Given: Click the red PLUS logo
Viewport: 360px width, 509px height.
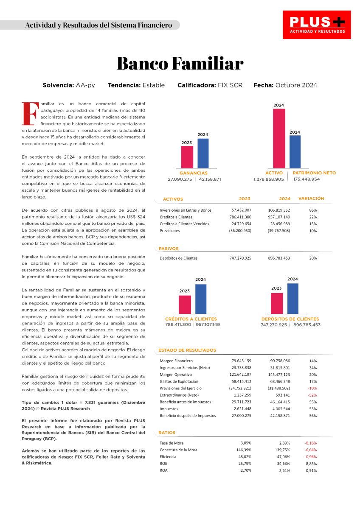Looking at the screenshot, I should tap(317, 25).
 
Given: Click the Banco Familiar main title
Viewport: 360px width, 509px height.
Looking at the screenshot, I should tap(180, 64).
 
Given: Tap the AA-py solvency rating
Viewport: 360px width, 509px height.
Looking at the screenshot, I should tap(85, 85).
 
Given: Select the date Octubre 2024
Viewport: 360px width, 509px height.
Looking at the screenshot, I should tap(296, 85).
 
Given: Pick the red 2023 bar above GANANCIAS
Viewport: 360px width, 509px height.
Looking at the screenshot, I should tap(187, 157).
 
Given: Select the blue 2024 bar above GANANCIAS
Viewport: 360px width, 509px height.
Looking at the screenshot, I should tap(203, 153).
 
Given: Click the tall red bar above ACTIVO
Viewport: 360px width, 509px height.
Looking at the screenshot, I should tap(279, 138).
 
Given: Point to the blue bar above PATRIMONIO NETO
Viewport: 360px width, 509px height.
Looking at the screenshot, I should tap(295, 151).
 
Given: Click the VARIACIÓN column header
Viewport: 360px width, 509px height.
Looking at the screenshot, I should tap(311, 199).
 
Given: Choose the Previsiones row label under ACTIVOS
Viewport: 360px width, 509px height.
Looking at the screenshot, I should tap(169, 231).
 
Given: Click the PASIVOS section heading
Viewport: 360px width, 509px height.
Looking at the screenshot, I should tap(169, 249).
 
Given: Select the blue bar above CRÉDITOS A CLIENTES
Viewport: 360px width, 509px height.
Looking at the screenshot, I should tap(200, 299).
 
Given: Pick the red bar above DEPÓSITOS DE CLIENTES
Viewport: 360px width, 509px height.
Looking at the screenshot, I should tap(277, 303).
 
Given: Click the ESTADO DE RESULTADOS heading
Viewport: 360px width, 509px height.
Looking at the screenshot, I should tap(187, 350).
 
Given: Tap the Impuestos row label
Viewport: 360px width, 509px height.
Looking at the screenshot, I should tap(169, 409).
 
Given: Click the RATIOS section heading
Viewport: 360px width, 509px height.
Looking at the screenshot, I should tap(167, 433).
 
